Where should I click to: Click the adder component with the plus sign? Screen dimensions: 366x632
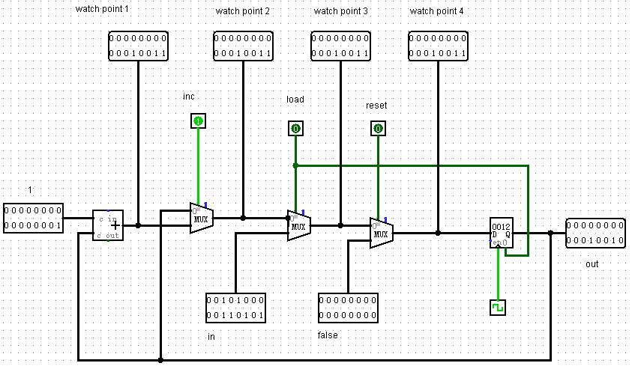pos(108,225)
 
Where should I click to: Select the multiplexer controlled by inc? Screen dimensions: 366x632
pos(201,218)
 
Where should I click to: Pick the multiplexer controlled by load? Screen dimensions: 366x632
pos(298,225)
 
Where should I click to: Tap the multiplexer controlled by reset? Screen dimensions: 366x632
pos(381,233)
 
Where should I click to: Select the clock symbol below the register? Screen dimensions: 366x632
pos(498,308)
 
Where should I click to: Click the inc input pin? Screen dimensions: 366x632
pos(198,121)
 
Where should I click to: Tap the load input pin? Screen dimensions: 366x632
pos(295,128)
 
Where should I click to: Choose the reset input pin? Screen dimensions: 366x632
pos(378,128)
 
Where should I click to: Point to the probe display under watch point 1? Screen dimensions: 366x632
pos(138,46)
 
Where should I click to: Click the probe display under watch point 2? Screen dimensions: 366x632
pos(243,46)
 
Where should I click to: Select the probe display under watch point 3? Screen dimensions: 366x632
pos(340,46)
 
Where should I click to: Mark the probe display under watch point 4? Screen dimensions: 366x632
pos(438,46)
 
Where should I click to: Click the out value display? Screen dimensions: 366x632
pos(595,233)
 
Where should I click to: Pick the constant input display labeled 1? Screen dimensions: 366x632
pos(33,218)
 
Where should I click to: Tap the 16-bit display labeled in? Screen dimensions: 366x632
pos(235,308)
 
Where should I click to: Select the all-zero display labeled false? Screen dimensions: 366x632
pos(348,308)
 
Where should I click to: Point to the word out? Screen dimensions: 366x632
pos(593,264)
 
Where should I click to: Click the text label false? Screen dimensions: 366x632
pos(328,335)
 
